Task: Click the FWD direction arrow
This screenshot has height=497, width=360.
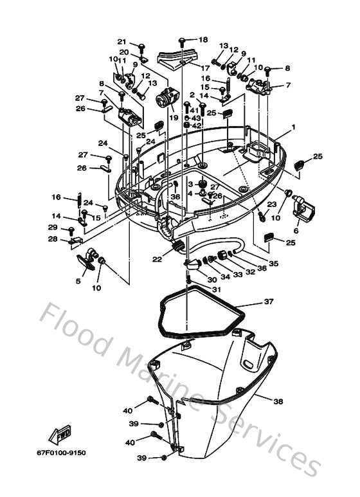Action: click(60, 435)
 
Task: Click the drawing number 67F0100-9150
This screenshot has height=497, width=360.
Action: click(61, 453)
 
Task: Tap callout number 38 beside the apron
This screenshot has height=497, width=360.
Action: click(278, 401)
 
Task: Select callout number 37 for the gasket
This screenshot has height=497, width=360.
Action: click(269, 302)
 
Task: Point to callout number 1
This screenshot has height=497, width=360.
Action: click(293, 127)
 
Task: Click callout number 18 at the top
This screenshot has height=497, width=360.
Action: click(203, 40)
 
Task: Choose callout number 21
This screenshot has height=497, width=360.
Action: click(122, 42)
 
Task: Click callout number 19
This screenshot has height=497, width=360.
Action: click(174, 118)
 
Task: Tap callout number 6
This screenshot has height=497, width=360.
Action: click(296, 231)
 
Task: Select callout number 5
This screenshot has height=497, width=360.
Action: click(78, 281)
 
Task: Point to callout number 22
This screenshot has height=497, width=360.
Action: click(157, 259)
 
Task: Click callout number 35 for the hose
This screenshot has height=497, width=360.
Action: click(273, 263)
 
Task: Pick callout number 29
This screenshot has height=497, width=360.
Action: click(53, 227)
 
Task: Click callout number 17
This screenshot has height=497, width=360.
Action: click(205, 68)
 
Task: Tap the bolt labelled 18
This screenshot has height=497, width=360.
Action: click(182, 42)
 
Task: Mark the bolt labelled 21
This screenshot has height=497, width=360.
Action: click(141, 49)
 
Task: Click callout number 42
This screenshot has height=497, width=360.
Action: click(197, 125)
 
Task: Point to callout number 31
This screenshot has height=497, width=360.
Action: click(216, 289)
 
